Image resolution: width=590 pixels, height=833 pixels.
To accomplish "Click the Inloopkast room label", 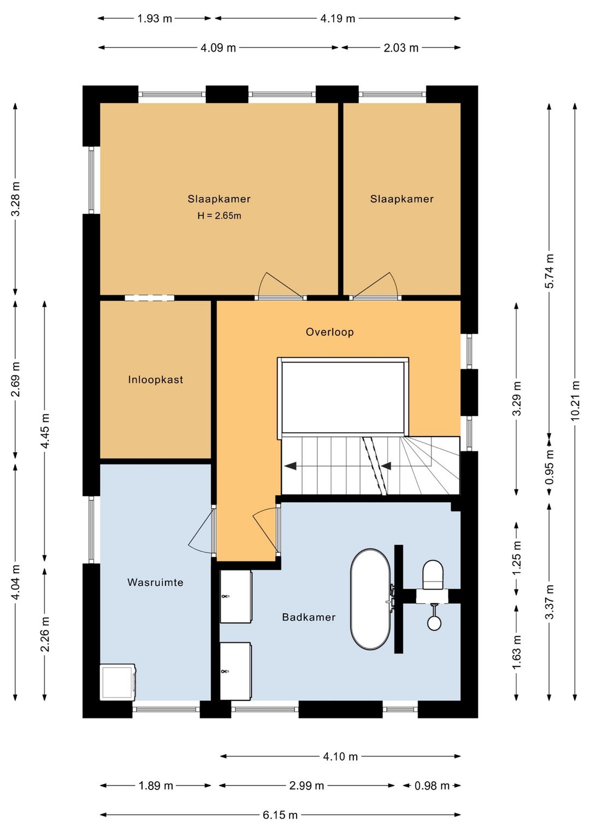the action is [x=156, y=380].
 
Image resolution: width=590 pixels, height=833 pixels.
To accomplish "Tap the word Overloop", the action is [x=330, y=332].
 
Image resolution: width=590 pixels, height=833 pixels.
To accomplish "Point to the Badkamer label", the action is [x=309, y=617].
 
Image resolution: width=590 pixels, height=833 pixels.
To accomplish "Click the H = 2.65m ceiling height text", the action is [x=219, y=215].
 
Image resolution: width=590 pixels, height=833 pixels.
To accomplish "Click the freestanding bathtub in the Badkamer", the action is [x=371, y=599].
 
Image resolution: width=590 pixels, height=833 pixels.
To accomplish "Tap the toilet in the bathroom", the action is [x=433, y=575].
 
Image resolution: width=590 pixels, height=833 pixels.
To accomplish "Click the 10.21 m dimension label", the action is [x=575, y=400].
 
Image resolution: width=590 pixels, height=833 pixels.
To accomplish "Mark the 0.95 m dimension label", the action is [x=550, y=467].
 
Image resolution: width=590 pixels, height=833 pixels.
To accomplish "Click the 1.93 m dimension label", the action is [x=155, y=18].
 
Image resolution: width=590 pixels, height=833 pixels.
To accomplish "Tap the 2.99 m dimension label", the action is [x=306, y=786].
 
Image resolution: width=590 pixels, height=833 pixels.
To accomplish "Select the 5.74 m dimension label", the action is [x=550, y=271].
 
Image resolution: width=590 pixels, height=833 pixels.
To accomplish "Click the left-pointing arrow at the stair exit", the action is [x=290, y=466].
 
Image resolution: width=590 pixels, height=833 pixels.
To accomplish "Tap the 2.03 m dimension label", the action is [x=402, y=47].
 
